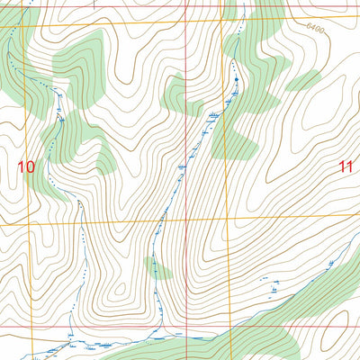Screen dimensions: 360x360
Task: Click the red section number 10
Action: (26, 166)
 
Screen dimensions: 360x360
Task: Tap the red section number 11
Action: (346, 166)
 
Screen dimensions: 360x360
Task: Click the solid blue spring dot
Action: (237, 80)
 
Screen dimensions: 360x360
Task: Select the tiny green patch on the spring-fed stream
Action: (153, 265)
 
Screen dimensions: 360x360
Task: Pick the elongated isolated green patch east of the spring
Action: (301, 84)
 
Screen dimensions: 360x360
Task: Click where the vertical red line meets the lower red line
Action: (187, 327)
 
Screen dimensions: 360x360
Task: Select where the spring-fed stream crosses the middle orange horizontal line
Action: (163, 219)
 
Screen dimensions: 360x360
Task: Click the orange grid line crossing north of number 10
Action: (26, 27)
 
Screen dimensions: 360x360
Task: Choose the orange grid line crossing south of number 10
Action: (26, 221)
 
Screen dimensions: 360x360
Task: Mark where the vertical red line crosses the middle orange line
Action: (187, 219)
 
